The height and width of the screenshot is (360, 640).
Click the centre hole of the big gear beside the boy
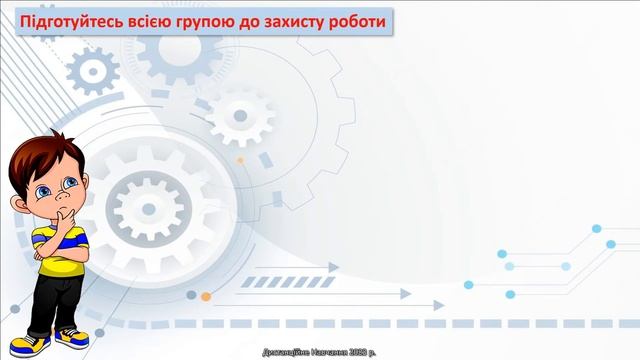145,211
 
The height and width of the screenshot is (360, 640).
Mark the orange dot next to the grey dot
206,296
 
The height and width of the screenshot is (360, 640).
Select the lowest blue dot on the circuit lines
510,294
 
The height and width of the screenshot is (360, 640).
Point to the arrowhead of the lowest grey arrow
405,294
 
